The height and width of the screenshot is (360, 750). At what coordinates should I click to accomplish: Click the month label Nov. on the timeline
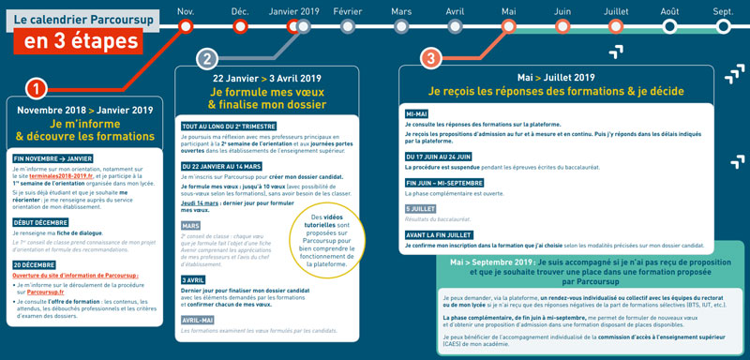pos(186,11)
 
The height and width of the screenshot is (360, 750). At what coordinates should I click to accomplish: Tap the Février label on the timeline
pos(348,11)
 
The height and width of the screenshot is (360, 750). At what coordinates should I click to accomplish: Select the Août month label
pos(669,11)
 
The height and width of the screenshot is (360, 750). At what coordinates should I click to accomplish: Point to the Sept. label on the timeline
pos(723,11)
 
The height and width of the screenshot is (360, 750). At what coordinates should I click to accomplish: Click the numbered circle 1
pos(36,88)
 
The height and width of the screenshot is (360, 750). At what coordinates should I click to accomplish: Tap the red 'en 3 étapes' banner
pos(82,41)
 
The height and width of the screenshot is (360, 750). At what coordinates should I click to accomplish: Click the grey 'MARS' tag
pos(191,226)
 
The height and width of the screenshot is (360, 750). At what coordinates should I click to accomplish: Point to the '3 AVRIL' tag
pos(194,279)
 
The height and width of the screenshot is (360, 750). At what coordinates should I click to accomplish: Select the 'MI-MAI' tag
pos(418,113)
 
